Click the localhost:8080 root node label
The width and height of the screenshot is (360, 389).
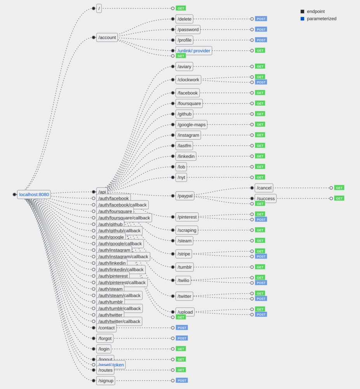pyautogui.click(x=34, y=194)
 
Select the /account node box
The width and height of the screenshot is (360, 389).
pyautogui.click(x=107, y=38)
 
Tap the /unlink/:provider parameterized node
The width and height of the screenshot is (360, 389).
pyautogui.click(x=194, y=51)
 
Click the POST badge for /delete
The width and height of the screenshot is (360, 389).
pyautogui.click(x=261, y=19)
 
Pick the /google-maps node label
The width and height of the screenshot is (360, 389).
pyautogui.click(x=191, y=124)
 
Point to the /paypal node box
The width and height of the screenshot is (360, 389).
pyautogui.click(x=185, y=196)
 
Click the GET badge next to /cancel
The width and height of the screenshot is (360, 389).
pyautogui.click(x=339, y=188)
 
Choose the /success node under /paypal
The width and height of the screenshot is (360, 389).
pyautogui.click(x=266, y=198)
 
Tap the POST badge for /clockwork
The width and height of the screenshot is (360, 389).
pyautogui.click(x=261, y=82)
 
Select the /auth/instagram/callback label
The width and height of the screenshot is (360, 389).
pyautogui.click(x=123, y=257)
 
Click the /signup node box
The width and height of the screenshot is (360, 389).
pyautogui.click(x=105, y=380)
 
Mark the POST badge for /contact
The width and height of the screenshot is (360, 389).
pyautogui.click(x=182, y=328)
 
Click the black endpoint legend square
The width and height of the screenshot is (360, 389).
pyautogui.click(x=302, y=12)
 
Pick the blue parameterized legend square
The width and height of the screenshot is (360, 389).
pyautogui.click(x=302, y=19)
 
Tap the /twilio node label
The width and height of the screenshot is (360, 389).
pyautogui.click(x=183, y=280)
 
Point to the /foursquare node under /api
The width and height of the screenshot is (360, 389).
pyautogui.click(x=189, y=103)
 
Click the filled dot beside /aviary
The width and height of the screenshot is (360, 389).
pyautogui.click(x=173, y=67)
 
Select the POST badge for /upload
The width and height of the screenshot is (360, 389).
pyautogui.click(x=261, y=314)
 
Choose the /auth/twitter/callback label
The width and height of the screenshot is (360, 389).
pyautogui.click(x=119, y=321)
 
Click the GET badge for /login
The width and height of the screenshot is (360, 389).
pyautogui.click(x=180, y=349)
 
